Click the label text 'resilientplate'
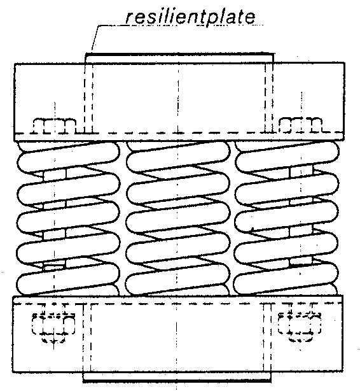click(191, 17)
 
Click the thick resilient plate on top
click(179, 54)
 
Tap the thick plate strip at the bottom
click(177, 381)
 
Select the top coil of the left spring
click(69, 157)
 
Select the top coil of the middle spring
click(178, 157)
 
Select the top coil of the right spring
click(287, 157)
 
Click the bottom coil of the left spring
click(68, 278)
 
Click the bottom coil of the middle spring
click(177, 278)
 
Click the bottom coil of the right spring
click(286, 278)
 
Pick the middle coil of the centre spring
click(177, 217)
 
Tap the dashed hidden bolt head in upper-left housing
click(55, 125)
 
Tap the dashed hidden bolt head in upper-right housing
click(301, 125)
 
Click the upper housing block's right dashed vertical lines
click(268, 98)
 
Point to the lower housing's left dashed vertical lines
click(87, 338)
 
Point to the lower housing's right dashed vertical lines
click(267, 338)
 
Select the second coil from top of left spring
click(69, 187)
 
